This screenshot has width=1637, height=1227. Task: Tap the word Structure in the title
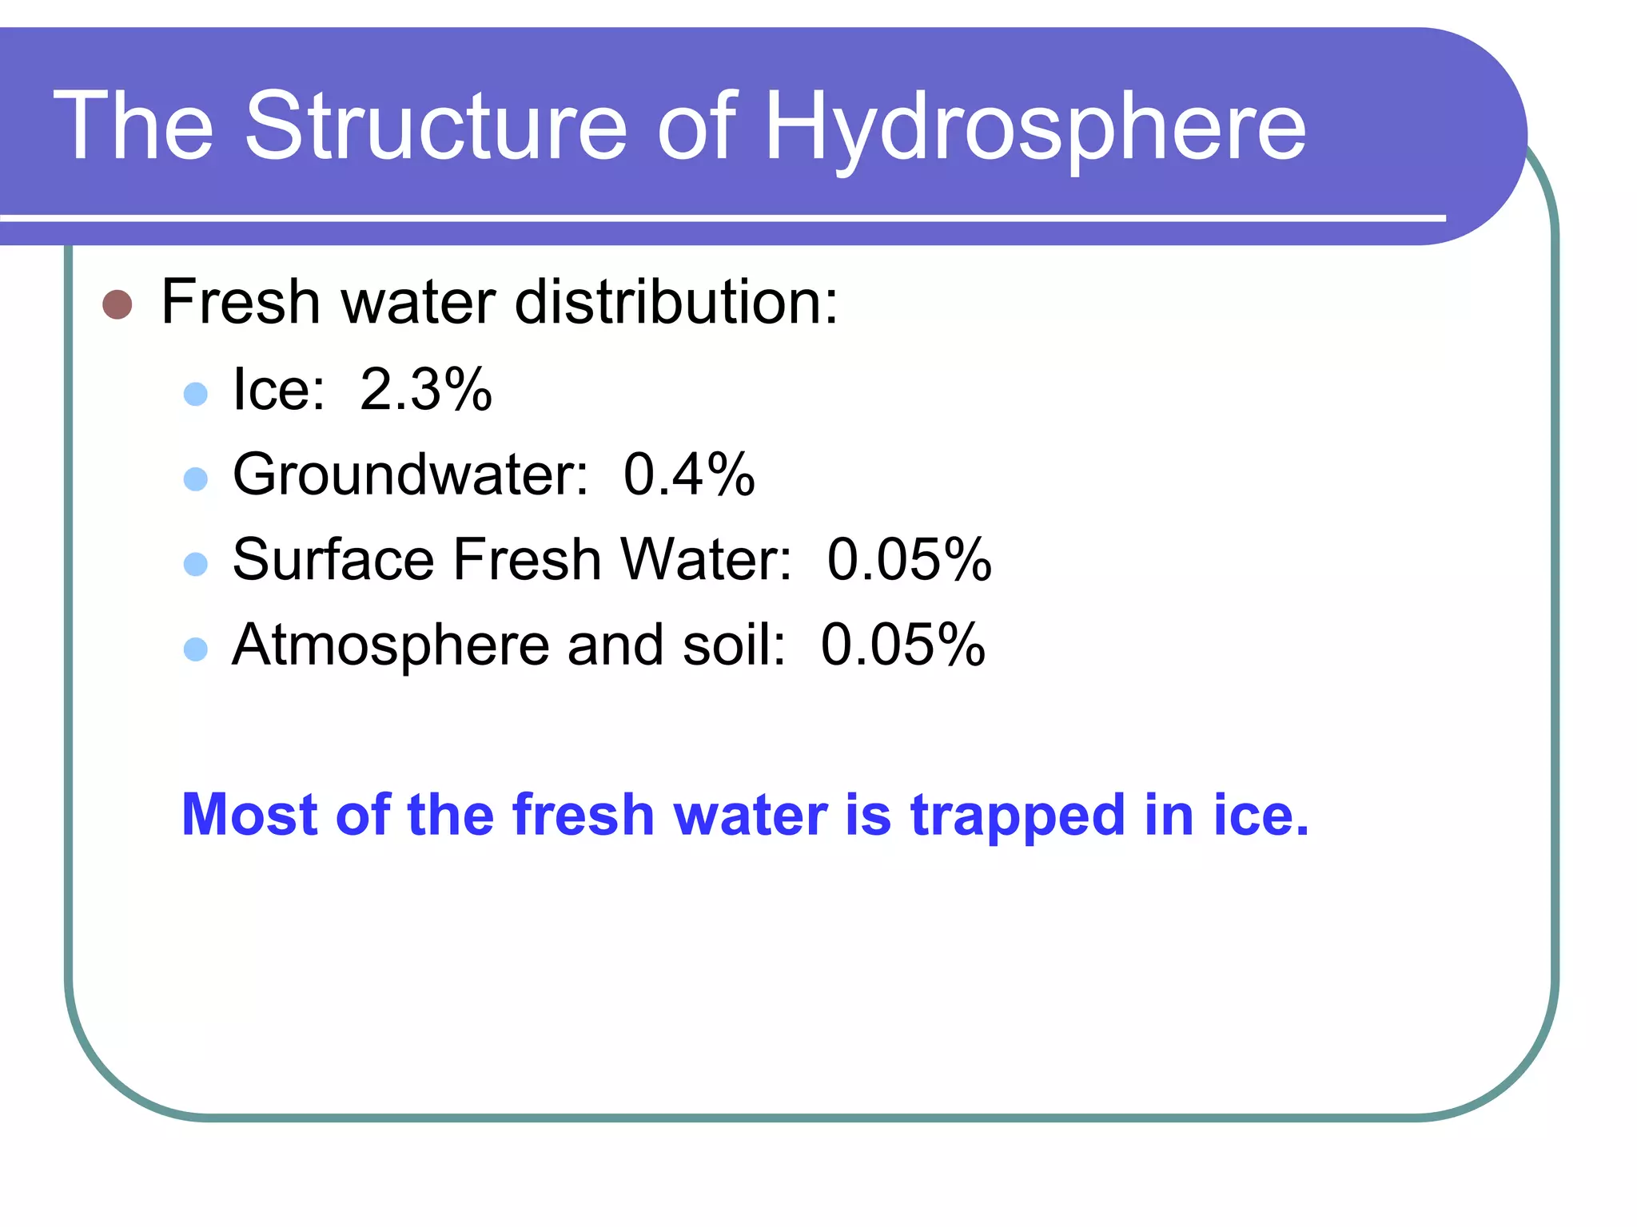coord(436,126)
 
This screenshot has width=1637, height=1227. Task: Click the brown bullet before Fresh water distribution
coord(117,304)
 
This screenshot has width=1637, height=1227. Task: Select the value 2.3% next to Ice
coord(425,390)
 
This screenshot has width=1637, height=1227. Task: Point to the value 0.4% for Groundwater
coord(688,475)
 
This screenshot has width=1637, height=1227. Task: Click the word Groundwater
coord(410,475)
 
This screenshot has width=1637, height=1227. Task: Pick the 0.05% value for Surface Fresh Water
coord(909,559)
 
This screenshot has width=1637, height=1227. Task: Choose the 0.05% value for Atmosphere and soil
coord(902,645)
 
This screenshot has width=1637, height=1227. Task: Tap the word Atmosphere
coord(391,645)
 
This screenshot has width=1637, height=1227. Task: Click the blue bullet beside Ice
coord(196,394)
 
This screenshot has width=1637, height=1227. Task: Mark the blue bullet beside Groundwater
coord(196,479)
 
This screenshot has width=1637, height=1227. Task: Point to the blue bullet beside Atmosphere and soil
coord(196,649)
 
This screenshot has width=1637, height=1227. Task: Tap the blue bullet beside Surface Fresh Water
coord(196,565)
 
